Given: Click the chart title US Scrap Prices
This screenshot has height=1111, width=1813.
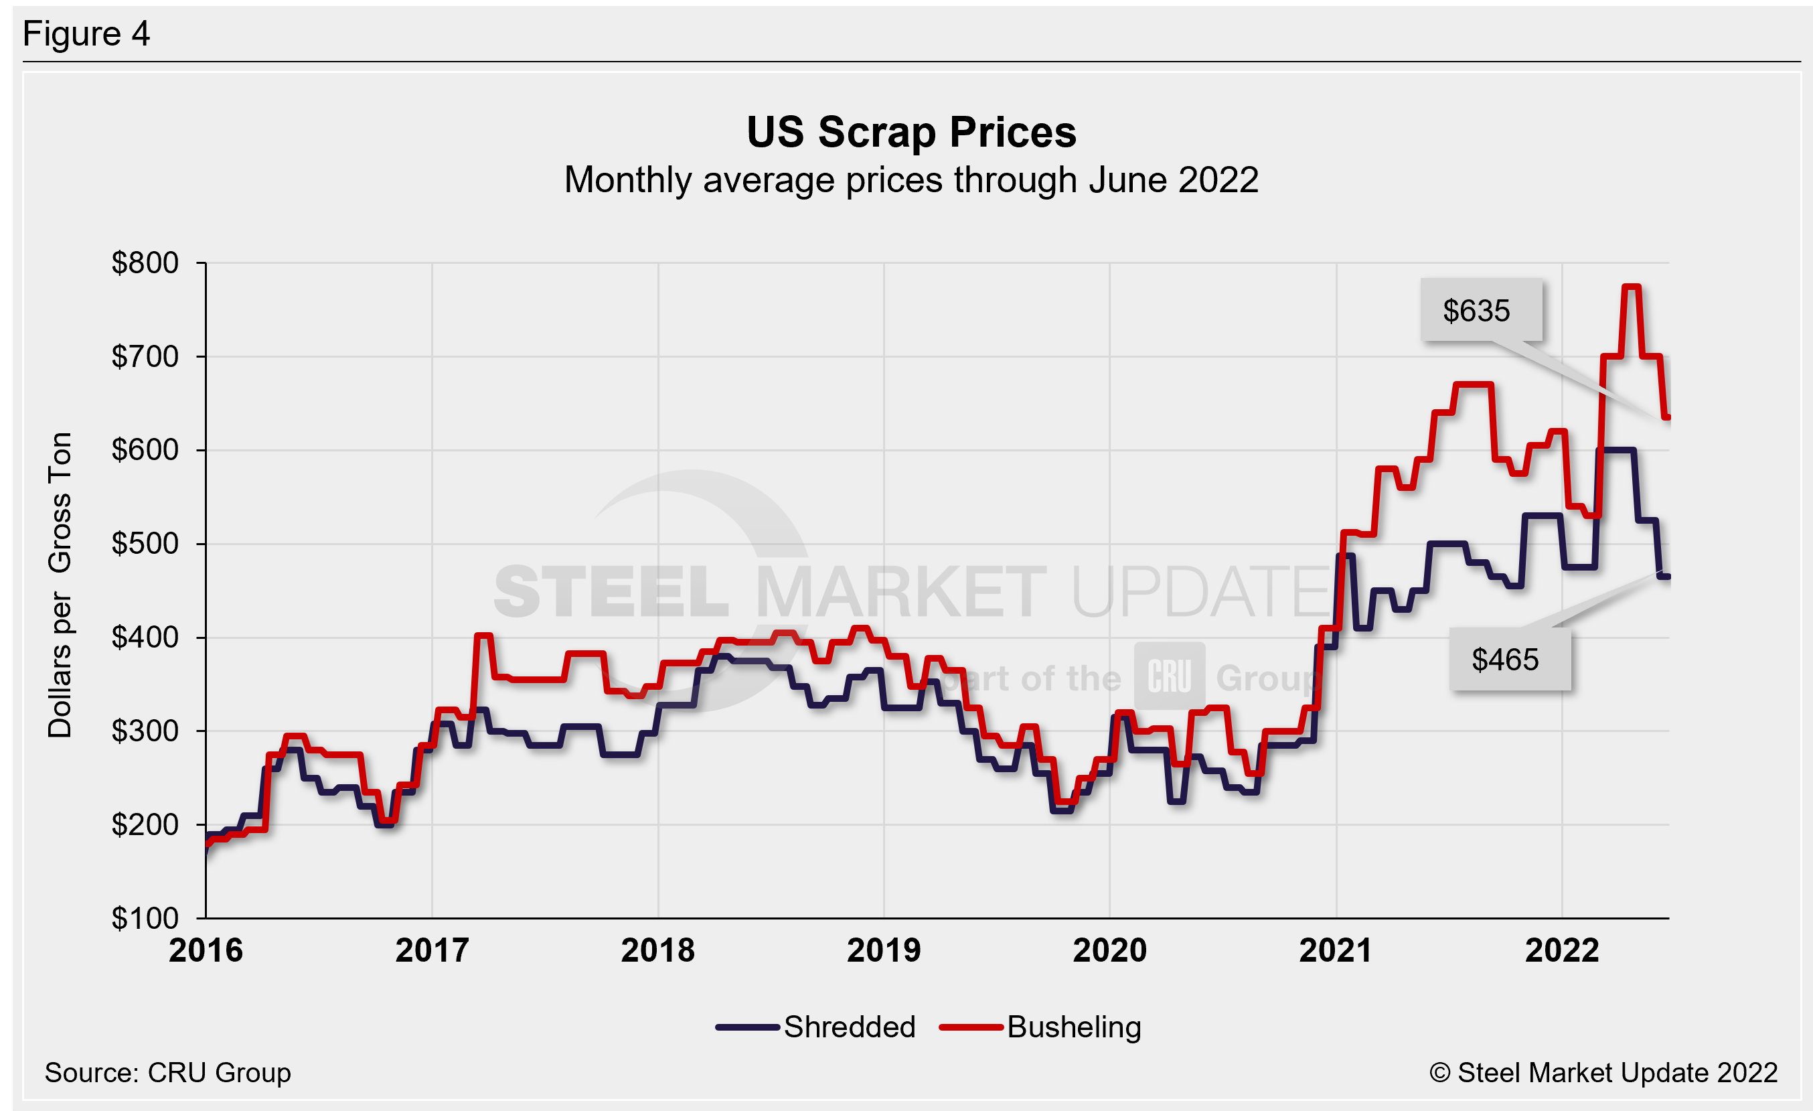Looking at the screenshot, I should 911,133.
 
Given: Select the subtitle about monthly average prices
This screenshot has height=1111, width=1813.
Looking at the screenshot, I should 911,180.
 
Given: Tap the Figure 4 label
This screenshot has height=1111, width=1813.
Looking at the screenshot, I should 86,34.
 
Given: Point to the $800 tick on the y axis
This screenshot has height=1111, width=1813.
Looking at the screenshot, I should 145,263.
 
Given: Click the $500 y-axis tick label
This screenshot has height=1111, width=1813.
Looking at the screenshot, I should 145,544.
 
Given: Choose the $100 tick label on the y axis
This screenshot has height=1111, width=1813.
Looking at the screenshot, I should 145,918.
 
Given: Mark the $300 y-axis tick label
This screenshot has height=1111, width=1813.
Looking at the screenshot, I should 145,731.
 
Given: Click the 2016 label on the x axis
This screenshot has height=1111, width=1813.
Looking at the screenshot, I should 206,950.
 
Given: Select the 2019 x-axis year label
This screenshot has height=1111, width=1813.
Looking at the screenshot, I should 884,950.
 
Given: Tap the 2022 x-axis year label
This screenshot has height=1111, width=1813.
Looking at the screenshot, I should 1562,950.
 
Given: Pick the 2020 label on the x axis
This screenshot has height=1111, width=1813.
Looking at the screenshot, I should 1109,950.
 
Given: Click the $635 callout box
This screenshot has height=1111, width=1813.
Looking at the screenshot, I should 1480,311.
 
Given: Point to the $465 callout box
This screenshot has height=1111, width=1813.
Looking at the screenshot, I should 1508,659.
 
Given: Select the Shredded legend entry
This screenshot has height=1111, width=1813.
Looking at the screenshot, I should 817,1027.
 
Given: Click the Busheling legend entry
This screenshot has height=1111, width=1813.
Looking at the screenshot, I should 1041,1027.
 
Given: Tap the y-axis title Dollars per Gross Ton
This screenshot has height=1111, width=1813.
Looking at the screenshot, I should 60,585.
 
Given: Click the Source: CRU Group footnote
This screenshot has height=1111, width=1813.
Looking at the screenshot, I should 168,1073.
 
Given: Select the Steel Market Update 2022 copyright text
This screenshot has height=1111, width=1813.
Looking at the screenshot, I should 1603,1073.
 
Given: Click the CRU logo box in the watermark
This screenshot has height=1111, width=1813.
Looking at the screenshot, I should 1169,676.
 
